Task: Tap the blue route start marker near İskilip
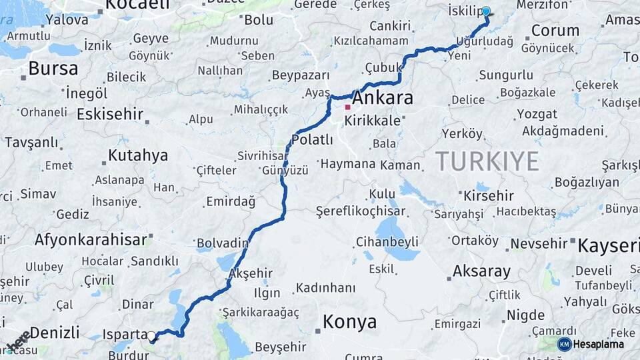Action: (486, 11)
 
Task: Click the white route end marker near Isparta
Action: (151, 336)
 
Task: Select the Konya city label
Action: (349, 321)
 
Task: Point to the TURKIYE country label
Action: (487, 161)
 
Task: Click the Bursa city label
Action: (53, 67)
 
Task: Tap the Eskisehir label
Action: (110, 114)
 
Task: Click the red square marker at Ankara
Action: (347, 107)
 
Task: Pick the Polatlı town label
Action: (312, 139)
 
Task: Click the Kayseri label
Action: (608, 245)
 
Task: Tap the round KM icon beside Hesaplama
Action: (564, 344)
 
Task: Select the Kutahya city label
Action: (138, 155)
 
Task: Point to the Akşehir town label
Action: (251, 273)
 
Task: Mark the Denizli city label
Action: (55, 332)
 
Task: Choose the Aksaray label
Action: (481, 271)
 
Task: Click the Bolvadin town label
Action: (222, 243)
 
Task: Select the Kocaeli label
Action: (137, 5)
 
